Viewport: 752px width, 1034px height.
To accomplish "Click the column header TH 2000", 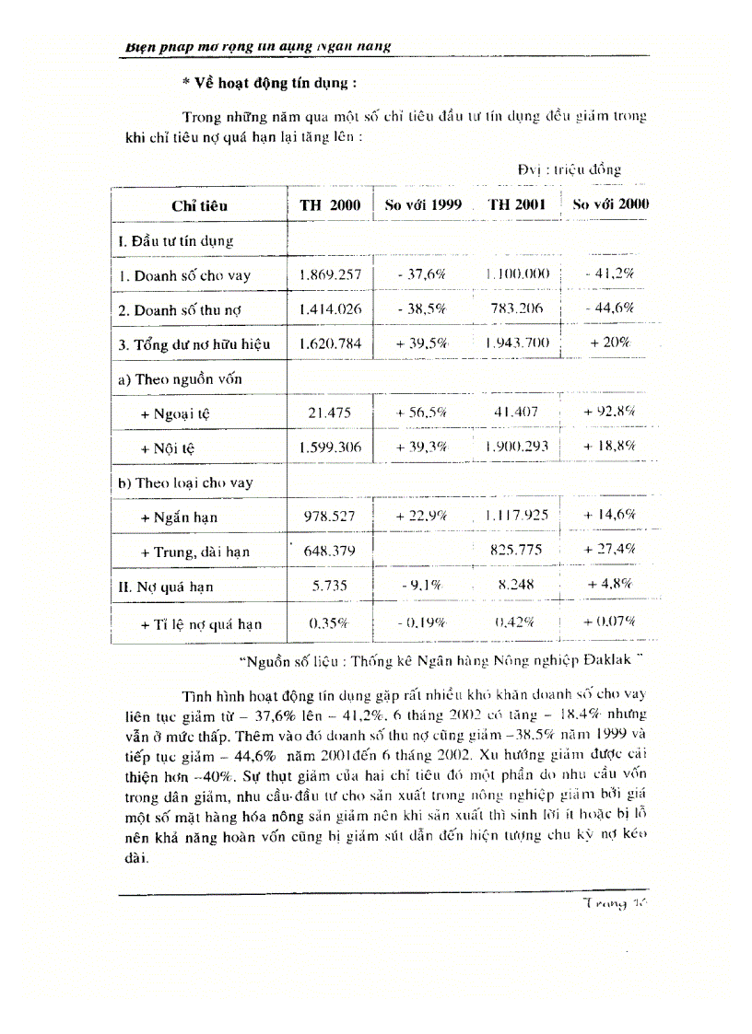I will (x=330, y=205).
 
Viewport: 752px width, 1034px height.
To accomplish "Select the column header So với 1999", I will (x=422, y=204).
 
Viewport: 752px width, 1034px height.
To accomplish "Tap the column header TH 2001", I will (x=517, y=204).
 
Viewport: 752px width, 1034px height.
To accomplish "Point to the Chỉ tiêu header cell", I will (x=199, y=206).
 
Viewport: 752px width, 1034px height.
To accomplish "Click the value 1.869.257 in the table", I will (x=330, y=274).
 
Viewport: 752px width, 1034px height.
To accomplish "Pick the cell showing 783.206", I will (x=517, y=308).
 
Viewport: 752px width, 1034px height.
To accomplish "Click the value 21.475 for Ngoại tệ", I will (x=330, y=412).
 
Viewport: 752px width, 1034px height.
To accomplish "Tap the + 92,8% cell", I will (x=609, y=412).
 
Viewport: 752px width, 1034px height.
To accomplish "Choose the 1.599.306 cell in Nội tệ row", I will (x=330, y=447).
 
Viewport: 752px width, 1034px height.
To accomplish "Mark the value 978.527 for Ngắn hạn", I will (x=330, y=517).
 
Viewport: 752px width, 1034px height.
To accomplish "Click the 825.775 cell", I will (x=517, y=551).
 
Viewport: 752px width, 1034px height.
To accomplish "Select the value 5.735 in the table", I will (x=330, y=585).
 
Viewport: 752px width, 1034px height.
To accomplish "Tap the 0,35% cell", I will (x=330, y=623).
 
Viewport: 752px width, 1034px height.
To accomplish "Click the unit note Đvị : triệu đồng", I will (x=569, y=169).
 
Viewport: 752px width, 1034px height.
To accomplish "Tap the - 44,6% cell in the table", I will (x=609, y=308).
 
